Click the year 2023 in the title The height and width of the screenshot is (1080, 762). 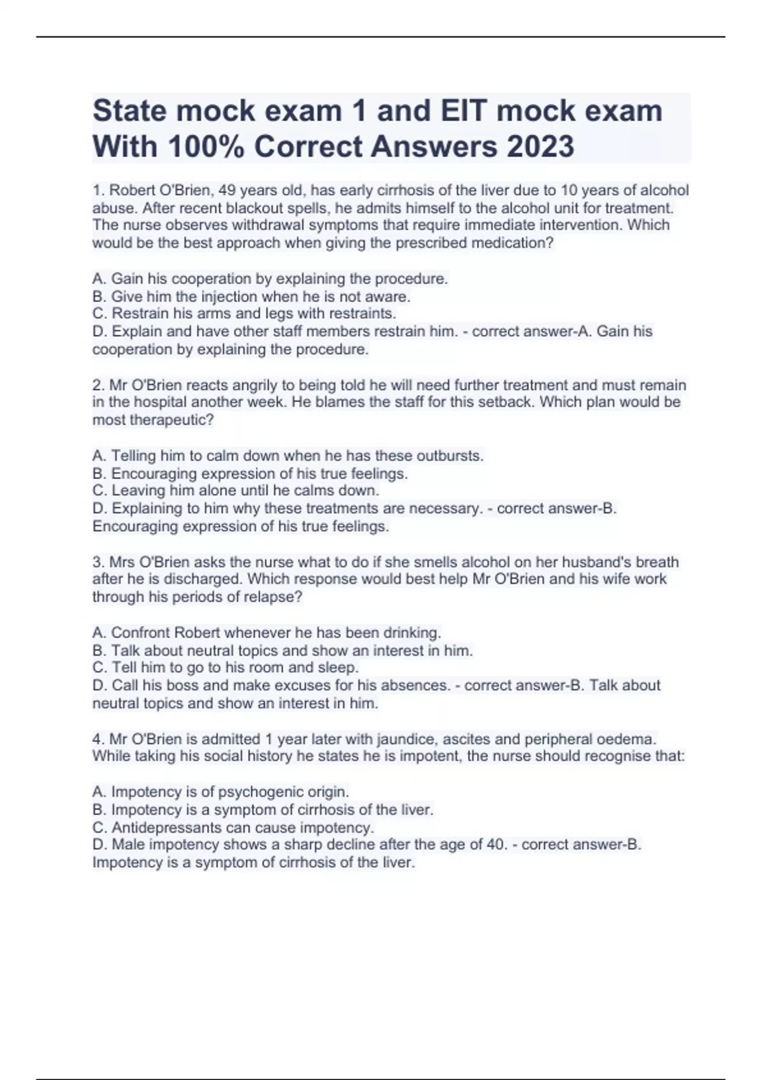tap(540, 147)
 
